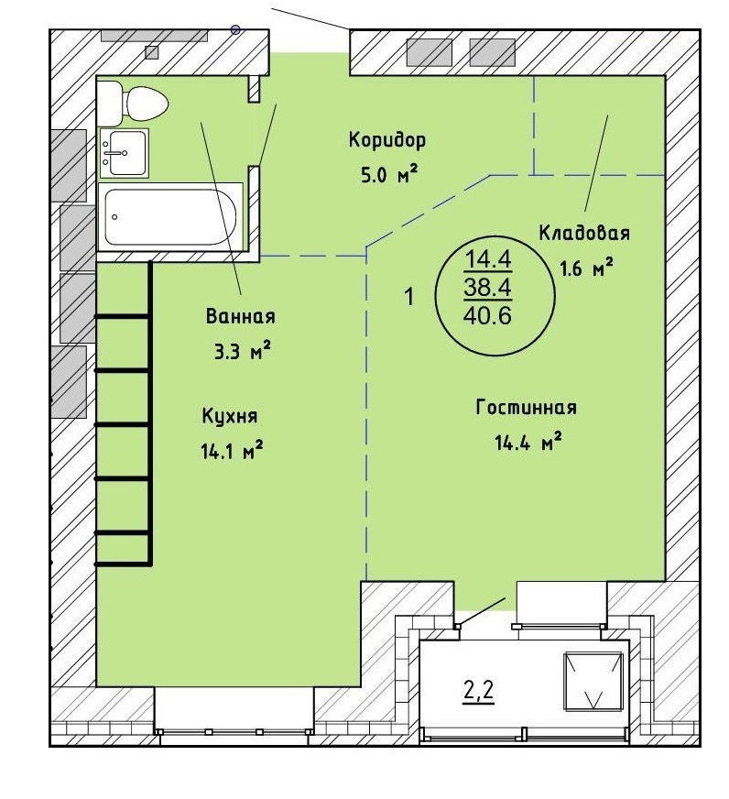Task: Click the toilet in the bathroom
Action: point(133,103)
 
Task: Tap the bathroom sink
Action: point(125,153)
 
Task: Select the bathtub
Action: point(170,217)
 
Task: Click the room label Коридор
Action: point(386,140)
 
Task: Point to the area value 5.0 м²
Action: point(389,175)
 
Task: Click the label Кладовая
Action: point(584,233)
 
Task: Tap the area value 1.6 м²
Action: point(586,267)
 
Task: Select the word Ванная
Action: point(241,316)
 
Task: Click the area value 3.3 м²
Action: point(242,351)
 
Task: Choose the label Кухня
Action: point(230,416)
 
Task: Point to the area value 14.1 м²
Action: point(232,451)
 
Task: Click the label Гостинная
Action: point(527,408)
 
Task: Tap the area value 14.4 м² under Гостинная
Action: point(528,442)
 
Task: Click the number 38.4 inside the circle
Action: point(487,289)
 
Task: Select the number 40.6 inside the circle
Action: point(487,316)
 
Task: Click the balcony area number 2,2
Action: point(479,691)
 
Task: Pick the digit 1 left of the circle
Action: point(409,297)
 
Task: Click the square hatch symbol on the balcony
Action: point(593,682)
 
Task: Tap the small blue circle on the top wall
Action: point(235,29)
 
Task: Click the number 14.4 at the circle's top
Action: point(487,260)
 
